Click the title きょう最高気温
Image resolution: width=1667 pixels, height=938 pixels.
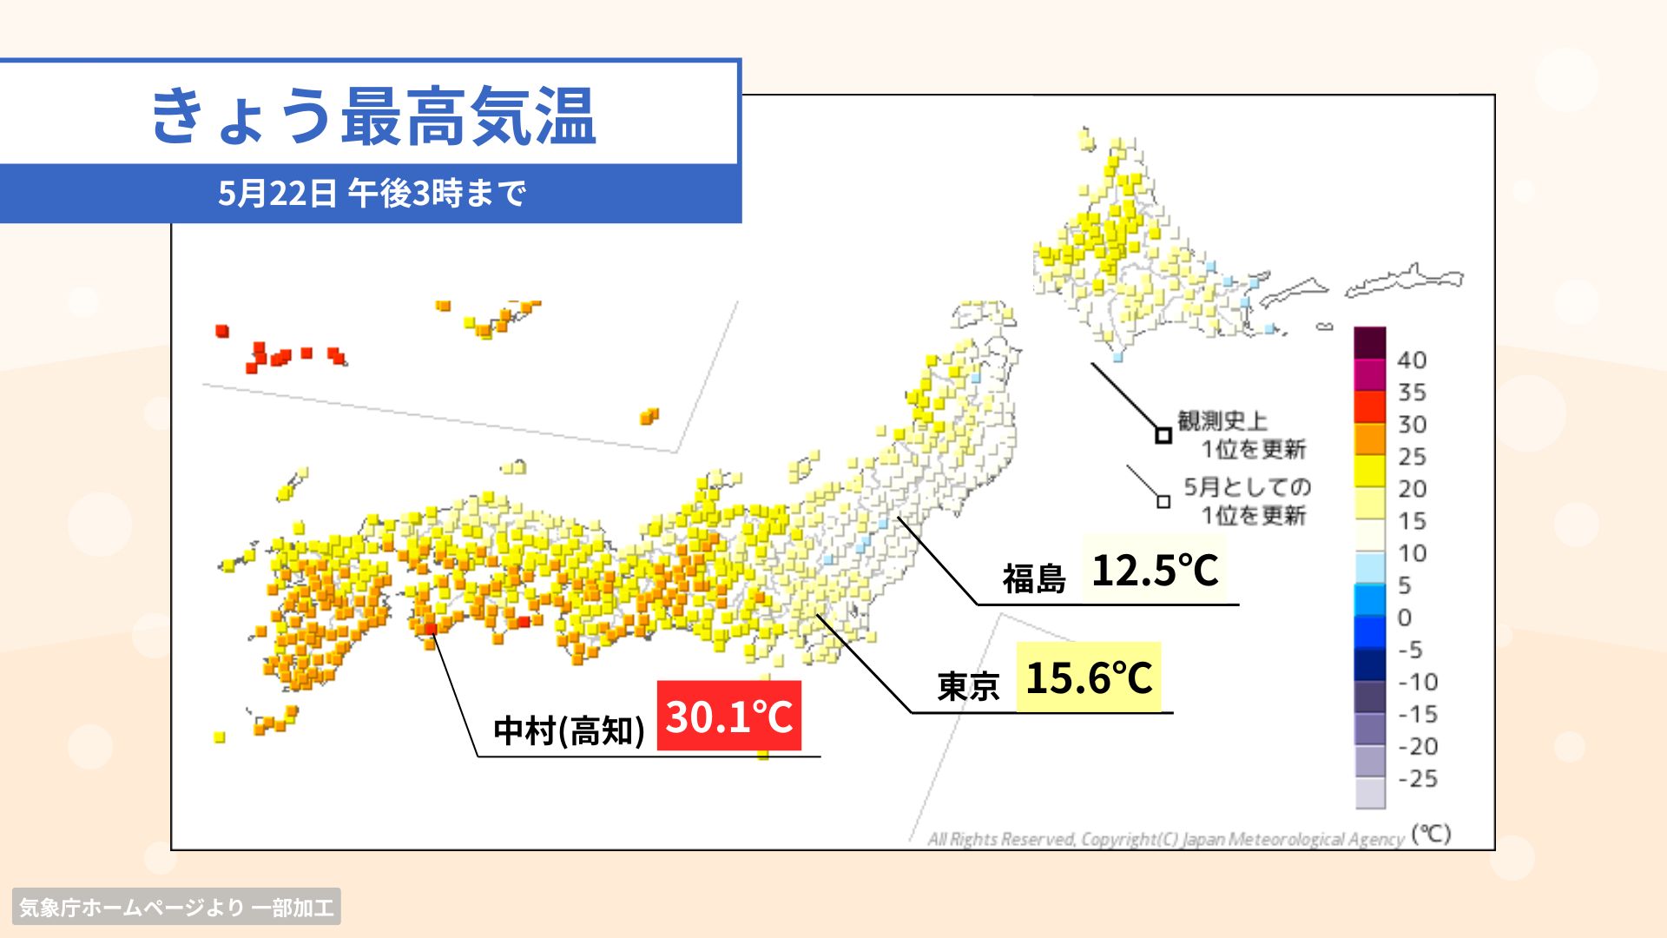[x=373, y=116]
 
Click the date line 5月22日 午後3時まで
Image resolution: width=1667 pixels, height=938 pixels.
[x=372, y=193]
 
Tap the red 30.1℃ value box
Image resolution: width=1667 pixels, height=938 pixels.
[x=728, y=716]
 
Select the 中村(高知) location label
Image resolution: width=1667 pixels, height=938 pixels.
[x=569, y=731]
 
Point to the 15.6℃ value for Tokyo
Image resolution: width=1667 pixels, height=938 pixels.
[x=1089, y=677]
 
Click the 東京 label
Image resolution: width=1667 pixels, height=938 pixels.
[x=968, y=686]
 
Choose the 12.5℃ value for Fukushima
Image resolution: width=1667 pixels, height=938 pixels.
[x=1155, y=570]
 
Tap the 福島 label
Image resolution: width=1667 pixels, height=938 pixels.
[x=1034, y=578]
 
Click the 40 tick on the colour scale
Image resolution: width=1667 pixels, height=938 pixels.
[x=1412, y=360]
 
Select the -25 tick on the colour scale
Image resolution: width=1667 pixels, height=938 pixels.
[x=1418, y=778]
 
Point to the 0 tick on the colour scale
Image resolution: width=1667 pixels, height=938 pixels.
[x=1405, y=618]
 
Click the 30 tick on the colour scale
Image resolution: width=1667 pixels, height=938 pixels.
[x=1412, y=424]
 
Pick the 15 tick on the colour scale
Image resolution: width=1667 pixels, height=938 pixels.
[x=1412, y=520]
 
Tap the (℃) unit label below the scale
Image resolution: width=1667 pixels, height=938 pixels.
[x=1431, y=834]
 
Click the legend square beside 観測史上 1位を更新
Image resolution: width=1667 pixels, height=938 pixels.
[x=1163, y=436]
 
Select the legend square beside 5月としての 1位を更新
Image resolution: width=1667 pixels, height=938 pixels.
[x=1163, y=502]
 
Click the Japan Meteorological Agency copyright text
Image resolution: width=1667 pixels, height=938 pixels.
[x=1165, y=839]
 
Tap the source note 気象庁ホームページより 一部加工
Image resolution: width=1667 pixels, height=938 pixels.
[x=176, y=908]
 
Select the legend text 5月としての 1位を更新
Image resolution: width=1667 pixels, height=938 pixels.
[x=1248, y=501]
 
